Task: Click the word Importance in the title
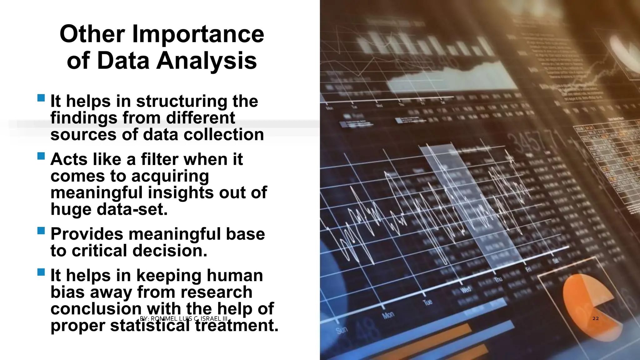[x=198, y=34]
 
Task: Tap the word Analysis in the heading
[x=207, y=60]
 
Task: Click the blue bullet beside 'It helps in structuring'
[x=41, y=98]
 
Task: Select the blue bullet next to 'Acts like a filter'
[x=41, y=156]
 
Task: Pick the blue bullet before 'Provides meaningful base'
[x=41, y=231]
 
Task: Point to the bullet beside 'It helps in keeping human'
[x=41, y=272]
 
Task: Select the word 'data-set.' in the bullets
[x=132, y=209]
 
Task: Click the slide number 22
[x=596, y=318]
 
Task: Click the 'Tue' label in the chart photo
[x=427, y=302]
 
